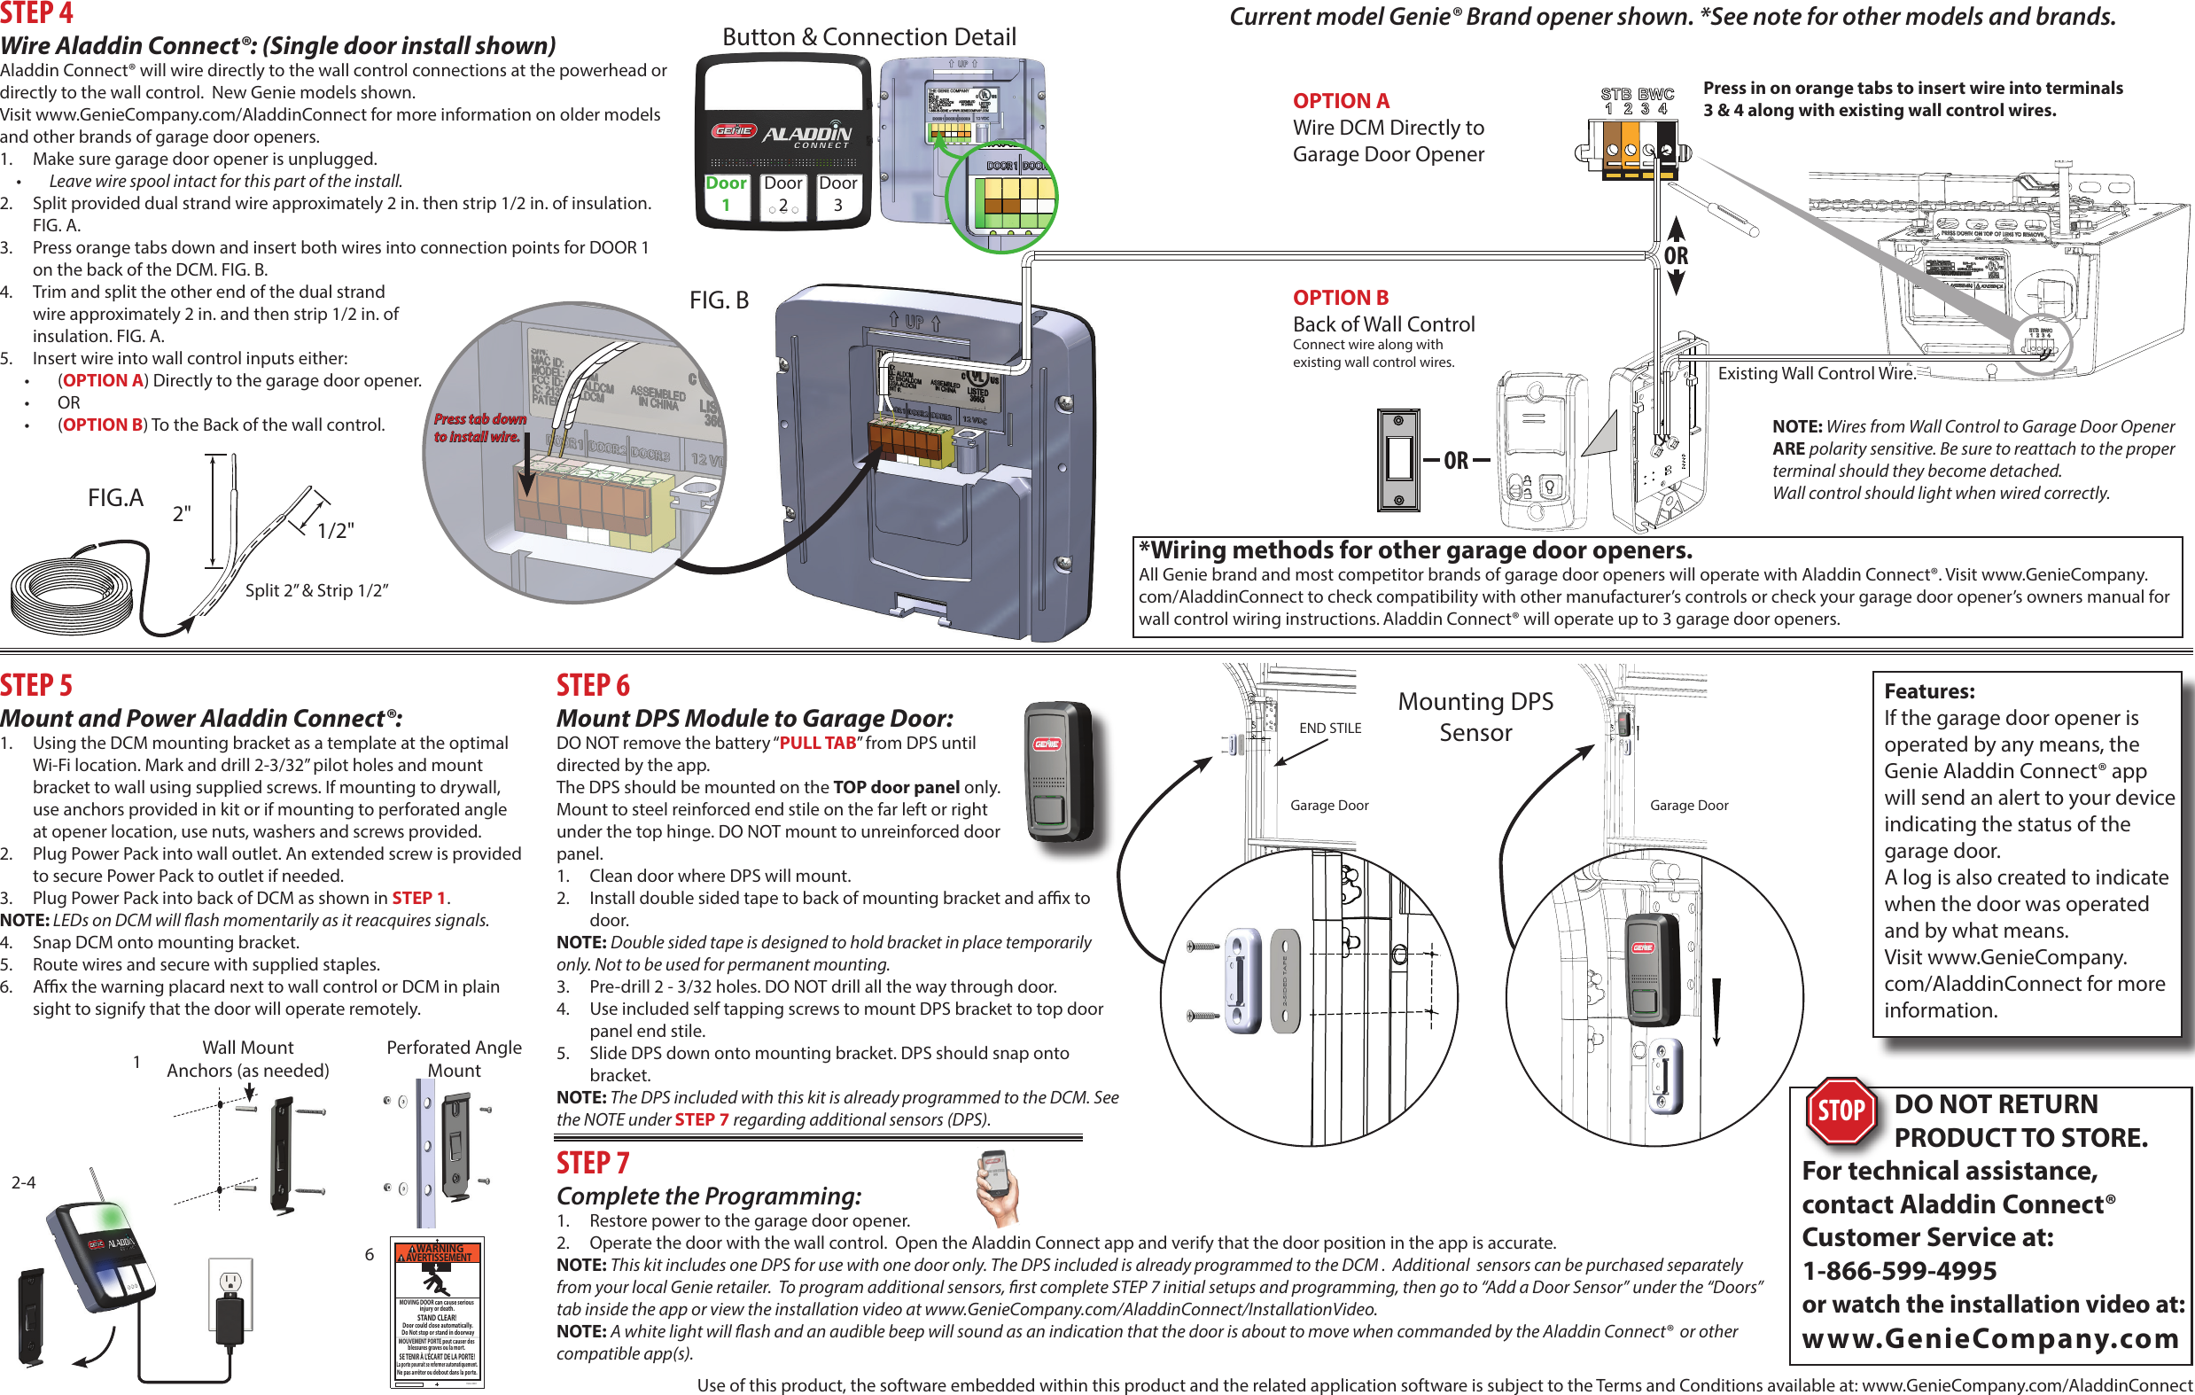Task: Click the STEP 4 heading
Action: coord(36,12)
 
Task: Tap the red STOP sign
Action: coord(1841,1111)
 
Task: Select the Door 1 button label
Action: coord(726,193)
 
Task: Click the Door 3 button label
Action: coord(837,193)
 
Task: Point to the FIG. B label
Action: coord(719,300)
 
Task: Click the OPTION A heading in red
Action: coord(1341,100)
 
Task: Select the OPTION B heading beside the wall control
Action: coord(1340,297)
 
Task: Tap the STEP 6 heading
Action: coord(593,685)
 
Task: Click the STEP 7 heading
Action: coord(593,1163)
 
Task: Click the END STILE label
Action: coord(1330,728)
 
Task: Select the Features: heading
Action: coord(1929,690)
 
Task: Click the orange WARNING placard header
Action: coord(438,1253)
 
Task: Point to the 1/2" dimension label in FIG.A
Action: coord(336,531)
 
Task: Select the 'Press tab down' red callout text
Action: coord(479,427)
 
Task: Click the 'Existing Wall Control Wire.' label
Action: coord(1817,373)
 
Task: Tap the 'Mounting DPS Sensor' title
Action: coord(1475,717)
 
